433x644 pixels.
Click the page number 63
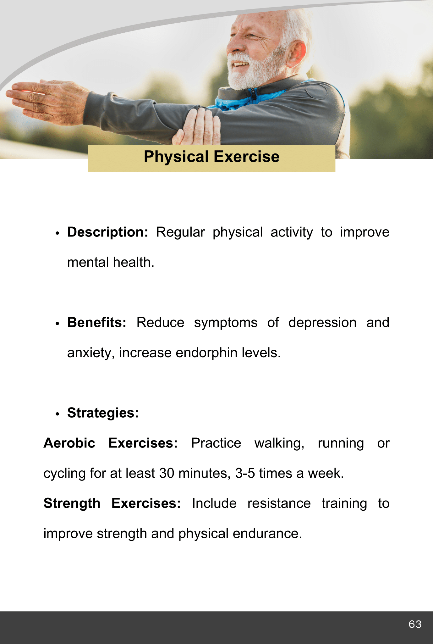click(415, 624)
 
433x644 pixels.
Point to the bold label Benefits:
click(97, 323)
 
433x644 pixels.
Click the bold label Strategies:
click(103, 413)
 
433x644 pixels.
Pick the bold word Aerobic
click(69, 443)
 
